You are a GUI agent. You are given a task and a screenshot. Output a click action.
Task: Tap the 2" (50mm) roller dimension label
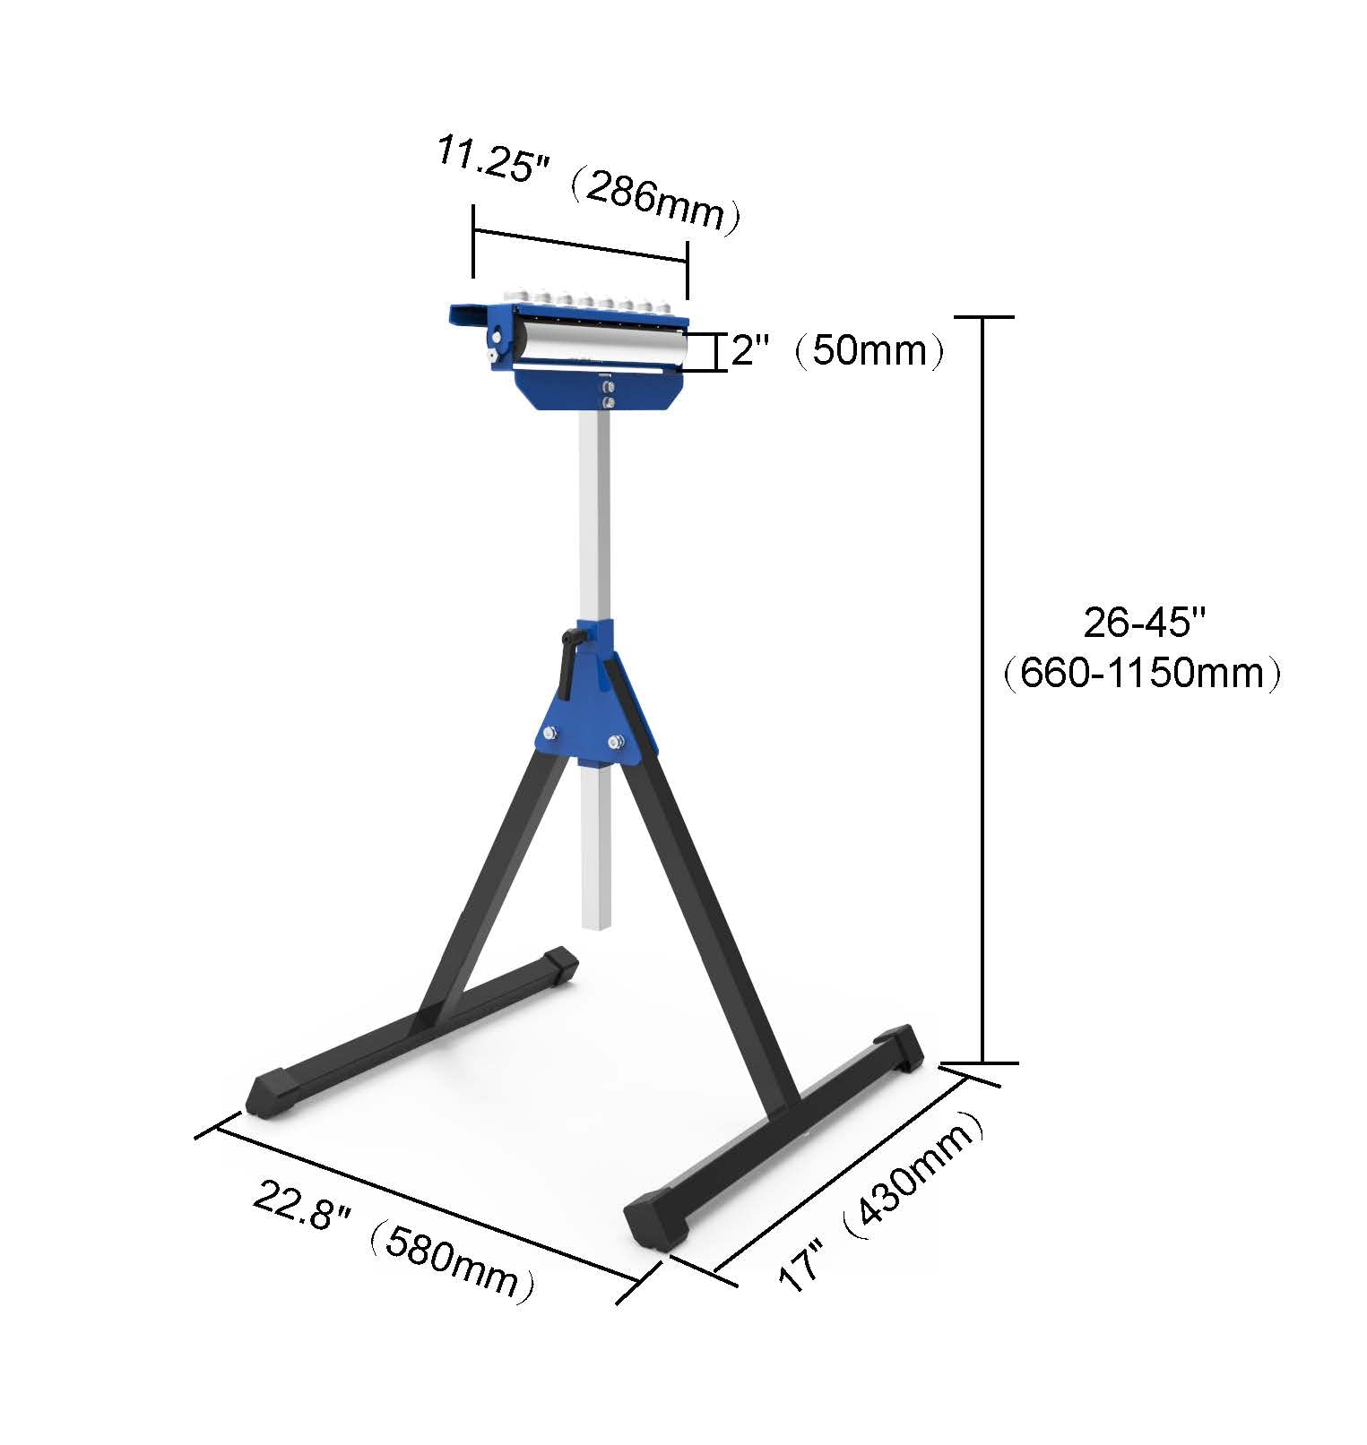point(837,350)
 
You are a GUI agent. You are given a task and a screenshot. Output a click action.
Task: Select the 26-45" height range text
point(1145,622)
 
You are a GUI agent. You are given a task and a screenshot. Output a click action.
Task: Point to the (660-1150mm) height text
point(1142,672)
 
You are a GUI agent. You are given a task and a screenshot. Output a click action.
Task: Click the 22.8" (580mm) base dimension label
point(394,1241)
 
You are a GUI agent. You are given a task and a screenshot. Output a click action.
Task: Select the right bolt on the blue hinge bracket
point(616,741)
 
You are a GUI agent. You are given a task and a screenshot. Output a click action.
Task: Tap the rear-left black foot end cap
point(559,966)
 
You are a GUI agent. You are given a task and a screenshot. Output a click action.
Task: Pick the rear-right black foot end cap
point(901,1048)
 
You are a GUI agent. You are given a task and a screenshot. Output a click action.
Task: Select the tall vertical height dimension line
point(983,690)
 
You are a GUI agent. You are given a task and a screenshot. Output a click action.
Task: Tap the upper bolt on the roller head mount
point(607,386)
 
